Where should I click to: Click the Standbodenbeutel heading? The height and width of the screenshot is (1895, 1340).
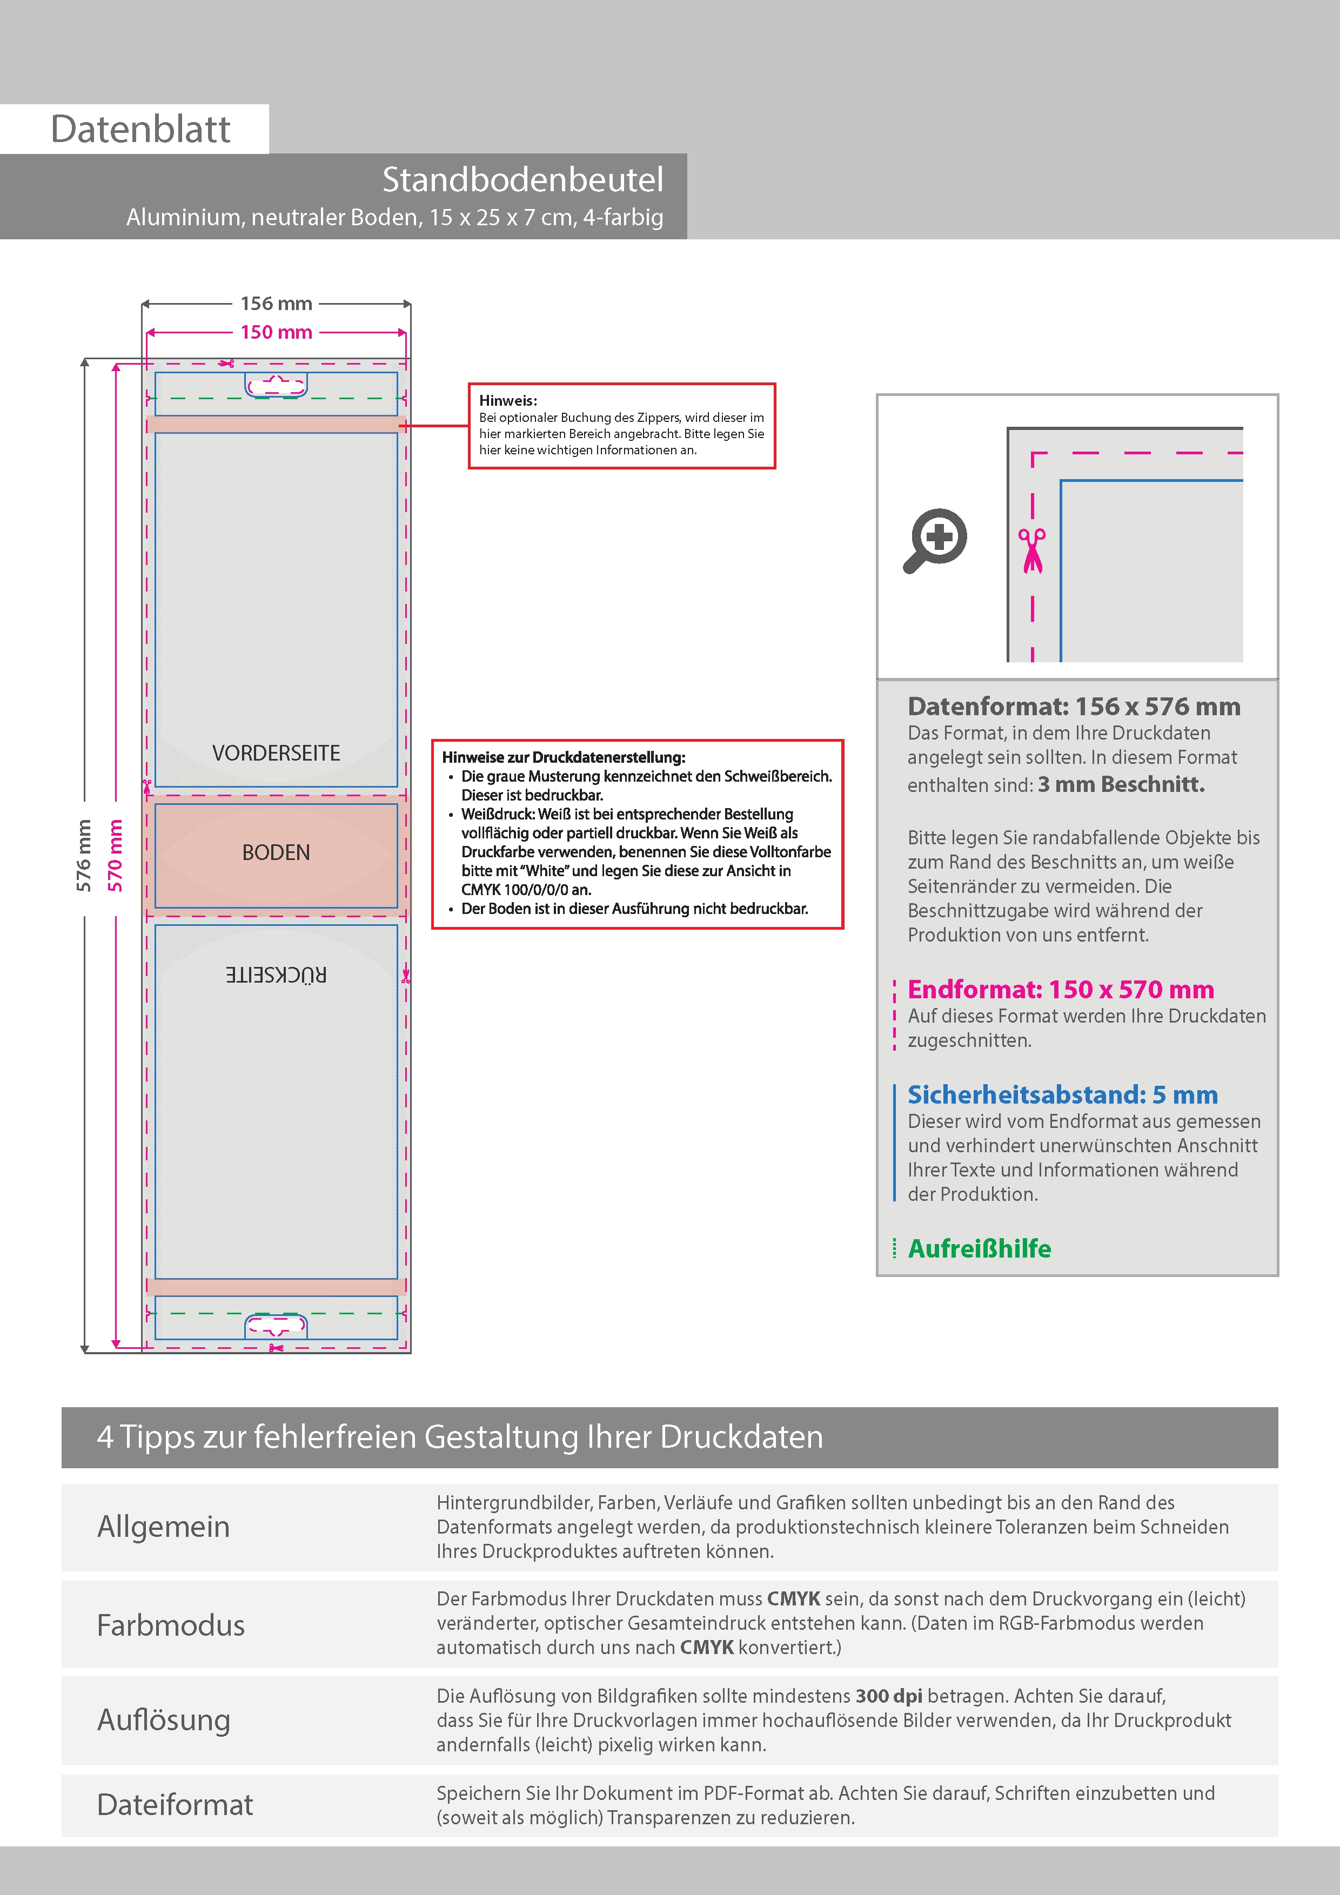point(522,180)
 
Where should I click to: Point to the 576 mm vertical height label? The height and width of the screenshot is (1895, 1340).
point(83,855)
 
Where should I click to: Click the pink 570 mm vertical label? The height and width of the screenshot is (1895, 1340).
point(115,855)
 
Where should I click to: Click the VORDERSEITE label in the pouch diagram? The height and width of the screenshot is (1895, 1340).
point(276,752)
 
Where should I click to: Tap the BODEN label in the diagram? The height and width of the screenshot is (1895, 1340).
point(276,852)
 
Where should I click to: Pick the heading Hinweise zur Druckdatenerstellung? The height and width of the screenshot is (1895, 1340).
point(563,757)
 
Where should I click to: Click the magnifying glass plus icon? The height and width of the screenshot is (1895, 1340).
point(935,541)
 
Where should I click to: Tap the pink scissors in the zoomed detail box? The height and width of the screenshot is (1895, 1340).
point(1031,550)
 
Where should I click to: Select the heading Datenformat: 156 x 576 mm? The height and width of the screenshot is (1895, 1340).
point(1073,707)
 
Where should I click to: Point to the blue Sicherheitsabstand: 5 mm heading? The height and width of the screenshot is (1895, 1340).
point(1062,1094)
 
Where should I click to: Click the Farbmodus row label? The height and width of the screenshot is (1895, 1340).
point(171,1625)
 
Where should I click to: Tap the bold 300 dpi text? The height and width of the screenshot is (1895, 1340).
point(888,1696)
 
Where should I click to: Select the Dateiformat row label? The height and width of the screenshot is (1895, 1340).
point(175,1804)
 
